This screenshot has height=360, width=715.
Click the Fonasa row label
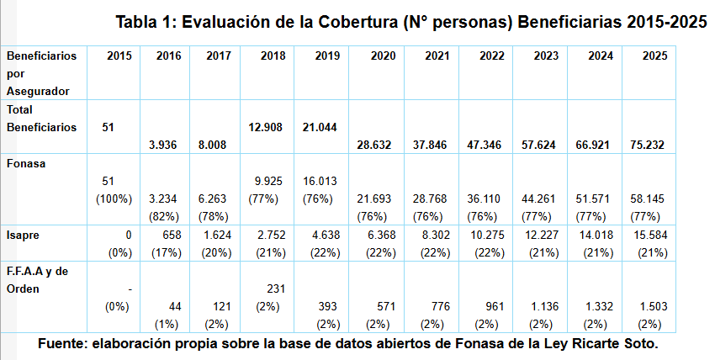coord(25,163)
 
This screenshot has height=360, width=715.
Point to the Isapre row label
coord(24,236)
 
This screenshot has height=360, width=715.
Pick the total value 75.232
coord(649,145)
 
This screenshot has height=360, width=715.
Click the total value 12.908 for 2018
coord(266,127)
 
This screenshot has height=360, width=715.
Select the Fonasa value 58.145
coord(649,199)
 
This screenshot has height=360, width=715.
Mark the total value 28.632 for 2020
coord(374,145)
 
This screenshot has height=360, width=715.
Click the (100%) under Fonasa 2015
coord(113,199)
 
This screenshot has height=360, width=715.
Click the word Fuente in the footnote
coord(63,345)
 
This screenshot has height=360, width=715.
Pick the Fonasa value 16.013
coord(320,181)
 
